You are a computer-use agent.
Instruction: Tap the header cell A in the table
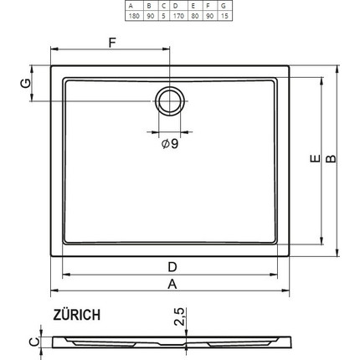(132, 7)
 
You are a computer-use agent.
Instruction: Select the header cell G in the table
(223, 7)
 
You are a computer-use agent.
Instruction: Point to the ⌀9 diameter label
(169, 144)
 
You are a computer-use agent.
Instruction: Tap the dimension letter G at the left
(26, 83)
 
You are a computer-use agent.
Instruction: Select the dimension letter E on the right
(311, 159)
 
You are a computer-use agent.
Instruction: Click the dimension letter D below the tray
(171, 266)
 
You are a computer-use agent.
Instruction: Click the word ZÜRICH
(77, 315)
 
